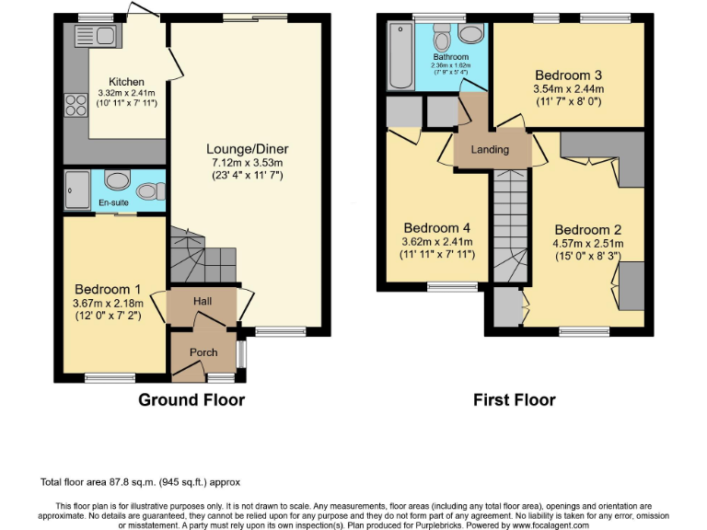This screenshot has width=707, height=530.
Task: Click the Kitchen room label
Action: tap(127, 82)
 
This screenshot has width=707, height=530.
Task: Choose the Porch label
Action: tap(203, 352)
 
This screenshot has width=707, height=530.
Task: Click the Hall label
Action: tap(203, 301)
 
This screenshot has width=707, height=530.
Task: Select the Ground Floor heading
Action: tap(191, 399)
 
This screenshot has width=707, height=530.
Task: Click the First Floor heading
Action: tap(514, 399)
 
